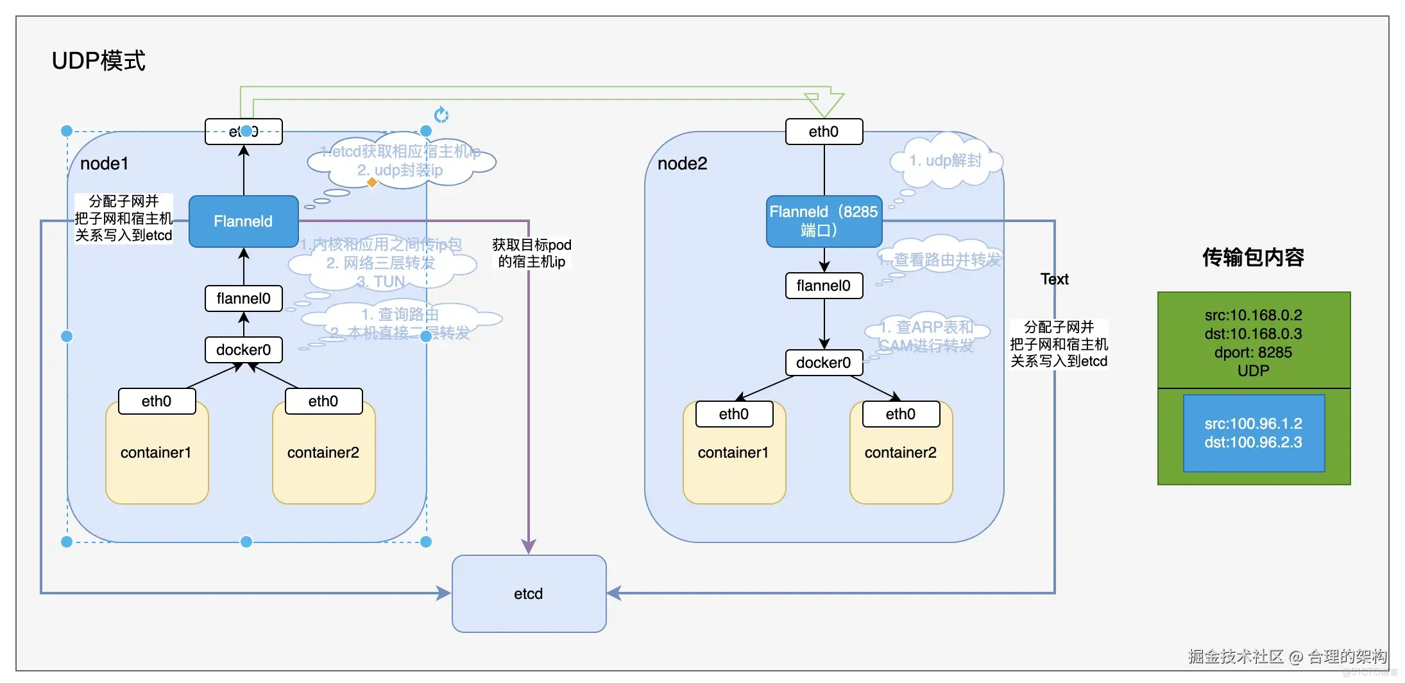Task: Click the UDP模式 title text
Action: (x=98, y=61)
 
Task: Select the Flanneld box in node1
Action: (x=243, y=221)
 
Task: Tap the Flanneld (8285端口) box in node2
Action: (x=824, y=221)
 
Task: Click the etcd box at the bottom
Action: (x=529, y=594)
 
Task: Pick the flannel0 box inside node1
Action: (x=243, y=298)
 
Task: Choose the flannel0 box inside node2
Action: (x=824, y=286)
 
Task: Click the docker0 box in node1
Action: (x=243, y=350)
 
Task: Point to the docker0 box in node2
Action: (x=824, y=363)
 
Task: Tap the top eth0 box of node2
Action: (x=824, y=132)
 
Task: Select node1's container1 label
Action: (x=156, y=453)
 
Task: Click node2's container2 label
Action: (x=900, y=453)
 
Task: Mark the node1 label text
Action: (x=104, y=164)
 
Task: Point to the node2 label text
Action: (x=682, y=164)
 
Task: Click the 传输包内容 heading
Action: (x=1253, y=257)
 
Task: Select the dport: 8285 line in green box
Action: (x=1253, y=352)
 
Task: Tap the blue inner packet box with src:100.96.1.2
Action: (x=1254, y=433)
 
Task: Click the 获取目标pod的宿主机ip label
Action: (x=532, y=254)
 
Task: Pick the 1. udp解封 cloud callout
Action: (x=946, y=160)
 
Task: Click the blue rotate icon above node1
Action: (x=441, y=115)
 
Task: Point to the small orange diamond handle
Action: (x=371, y=182)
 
